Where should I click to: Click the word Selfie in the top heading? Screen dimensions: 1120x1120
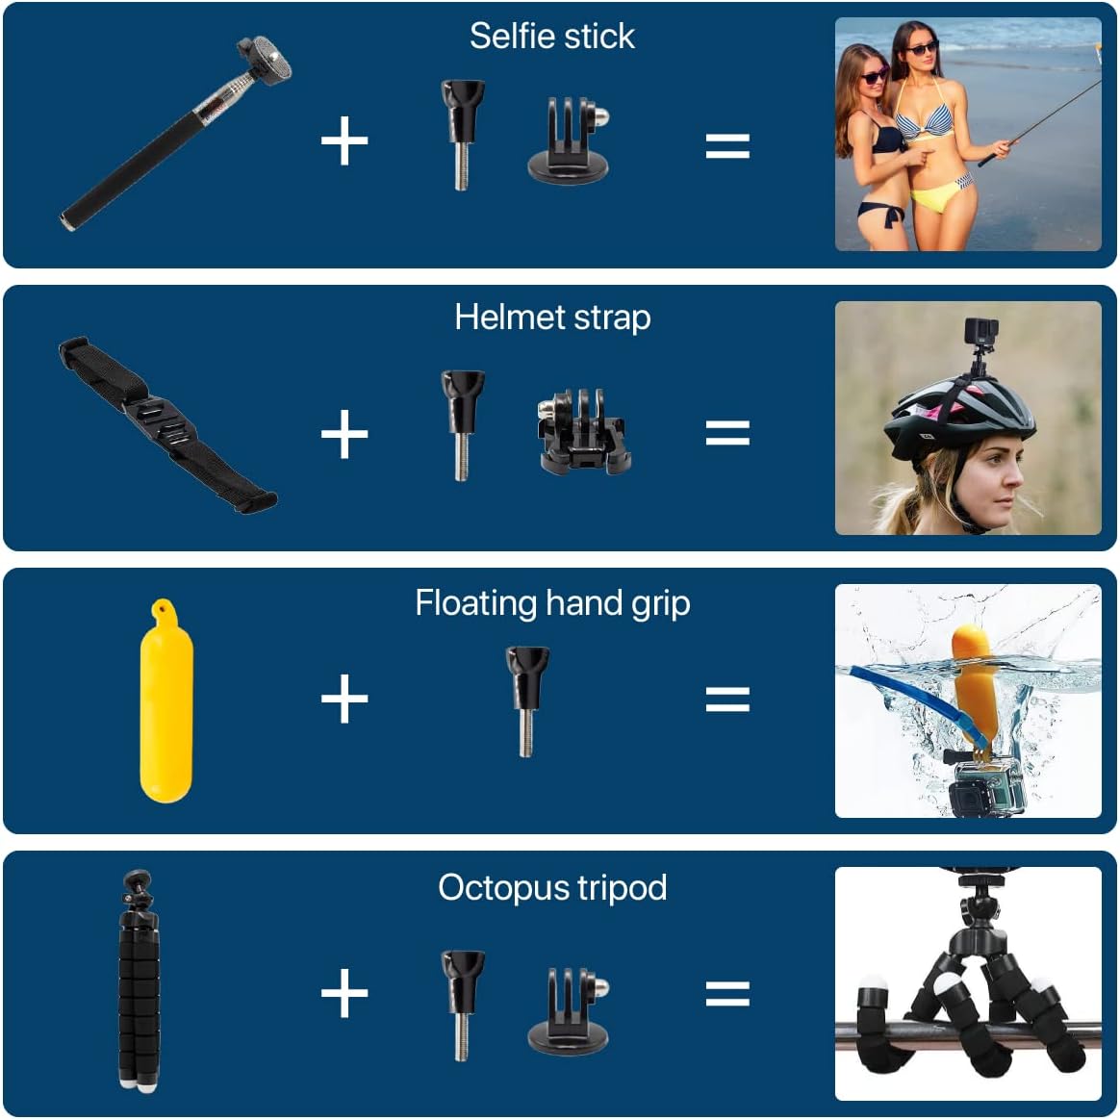(505, 36)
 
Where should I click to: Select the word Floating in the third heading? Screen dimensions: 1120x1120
(475, 603)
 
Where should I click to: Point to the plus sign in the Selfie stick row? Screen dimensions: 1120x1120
(344, 142)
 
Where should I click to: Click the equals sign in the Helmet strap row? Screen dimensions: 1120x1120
(727, 432)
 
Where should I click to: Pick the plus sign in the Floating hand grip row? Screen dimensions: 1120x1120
(344, 698)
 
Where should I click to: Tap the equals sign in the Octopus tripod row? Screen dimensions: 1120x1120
(727, 992)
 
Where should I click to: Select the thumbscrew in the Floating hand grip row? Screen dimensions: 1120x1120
(526, 700)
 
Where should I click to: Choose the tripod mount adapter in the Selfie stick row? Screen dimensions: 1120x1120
(570, 141)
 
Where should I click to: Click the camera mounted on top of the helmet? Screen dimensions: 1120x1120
(980, 335)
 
